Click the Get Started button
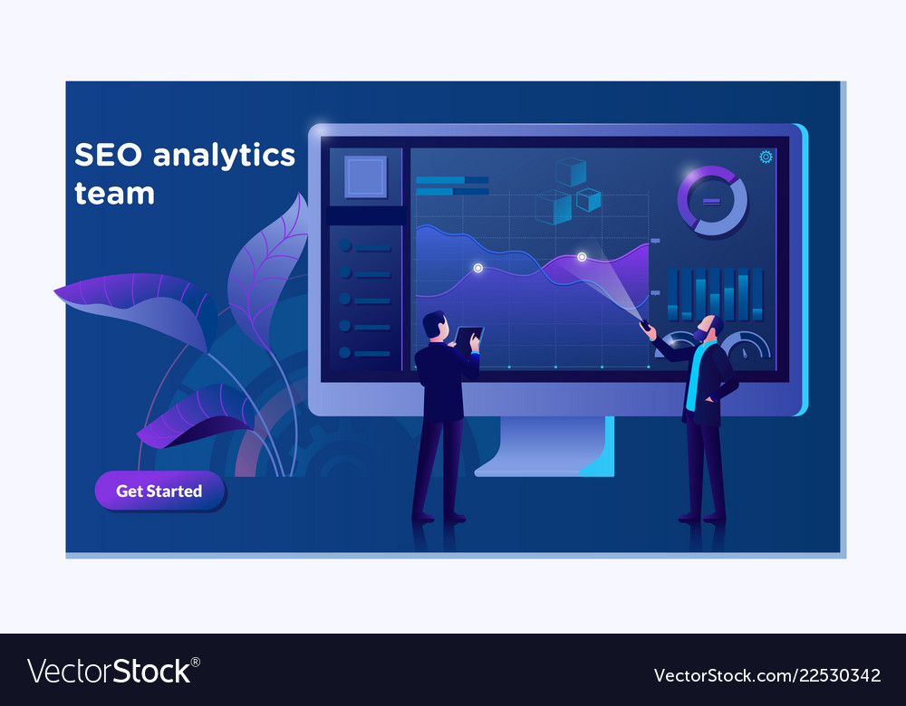pos(159,491)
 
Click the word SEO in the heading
pos(108,155)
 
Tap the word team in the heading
pos(114,194)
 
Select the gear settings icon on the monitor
pos(766,157)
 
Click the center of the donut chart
pos(712,202)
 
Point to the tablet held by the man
pos(468,336)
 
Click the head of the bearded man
pos(709,329)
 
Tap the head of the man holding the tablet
pos(435,326)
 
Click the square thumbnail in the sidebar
pos(366,176)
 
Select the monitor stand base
pos(544,446)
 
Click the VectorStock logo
pos(113,671)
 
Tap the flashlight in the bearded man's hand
pos(644,324)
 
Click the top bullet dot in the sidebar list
pos(345,245)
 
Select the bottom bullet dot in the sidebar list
pos(345,352)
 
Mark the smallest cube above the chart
pos(589,200)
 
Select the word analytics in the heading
pos(224,156)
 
